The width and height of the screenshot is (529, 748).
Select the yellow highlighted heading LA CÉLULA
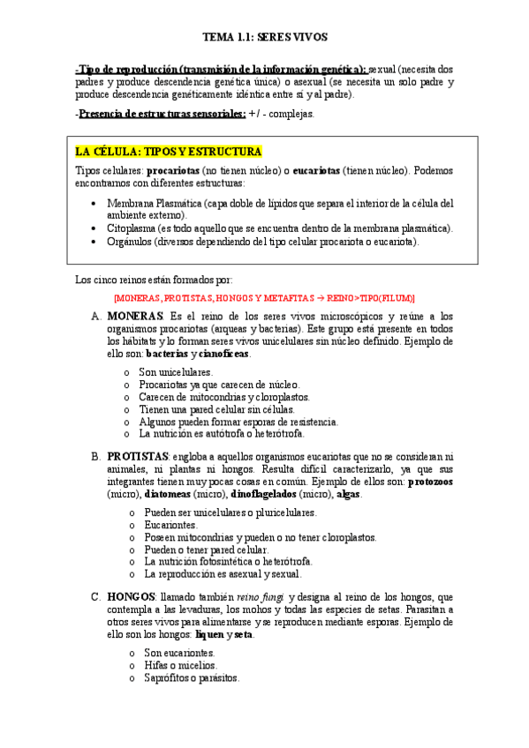pos(169,151)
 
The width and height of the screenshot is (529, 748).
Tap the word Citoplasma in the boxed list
pos(133,228)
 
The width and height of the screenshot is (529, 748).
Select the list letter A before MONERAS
pos(95,316)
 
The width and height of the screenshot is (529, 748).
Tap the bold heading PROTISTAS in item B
pos(138,456)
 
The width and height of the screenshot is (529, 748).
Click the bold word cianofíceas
pos(224,354)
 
